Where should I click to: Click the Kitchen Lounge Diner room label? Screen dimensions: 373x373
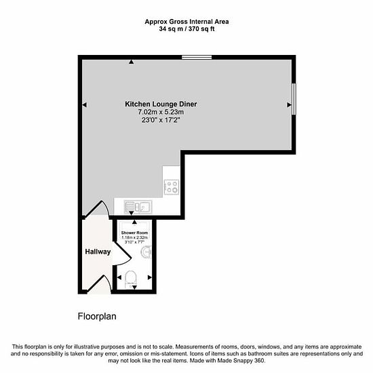tap(161, 104)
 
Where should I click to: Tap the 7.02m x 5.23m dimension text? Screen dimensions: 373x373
tap(161, 112)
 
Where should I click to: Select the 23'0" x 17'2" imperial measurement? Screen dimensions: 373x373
tap(161, 120)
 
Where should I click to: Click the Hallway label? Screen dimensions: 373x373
tap(98, 252)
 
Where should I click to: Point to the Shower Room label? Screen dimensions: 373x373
tap(134, 233)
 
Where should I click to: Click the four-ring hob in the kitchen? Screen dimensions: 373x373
tap(172, 187)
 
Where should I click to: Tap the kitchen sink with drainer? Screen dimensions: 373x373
tap(138, 208)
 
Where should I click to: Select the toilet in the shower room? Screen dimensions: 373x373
tap(131, 279)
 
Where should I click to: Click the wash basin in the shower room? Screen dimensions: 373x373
tap(146, 252)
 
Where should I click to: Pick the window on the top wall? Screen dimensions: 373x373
tap(197, 57)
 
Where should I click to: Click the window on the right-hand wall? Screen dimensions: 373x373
tap(294, 99)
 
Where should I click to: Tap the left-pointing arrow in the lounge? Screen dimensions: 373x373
tap(85, 104)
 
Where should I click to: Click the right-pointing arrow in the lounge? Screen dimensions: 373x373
tap(290, 104)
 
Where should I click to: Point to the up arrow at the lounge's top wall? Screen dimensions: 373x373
tap(131, 62)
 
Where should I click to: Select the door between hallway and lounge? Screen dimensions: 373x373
tap(96, 209)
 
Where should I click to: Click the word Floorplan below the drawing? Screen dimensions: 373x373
tap(97, 317)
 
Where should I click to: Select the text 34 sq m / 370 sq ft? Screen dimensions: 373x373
tap(186, 29)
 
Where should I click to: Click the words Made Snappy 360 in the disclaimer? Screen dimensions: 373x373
tap(241, 361)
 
